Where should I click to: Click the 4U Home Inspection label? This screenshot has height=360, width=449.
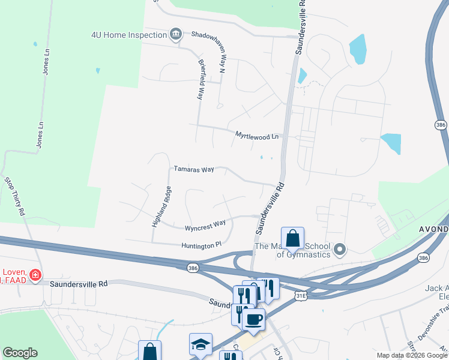(x=129, y=35)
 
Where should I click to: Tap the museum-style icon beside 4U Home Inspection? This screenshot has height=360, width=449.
(x=175, y=34)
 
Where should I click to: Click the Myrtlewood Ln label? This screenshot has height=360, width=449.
(x=257, y=136)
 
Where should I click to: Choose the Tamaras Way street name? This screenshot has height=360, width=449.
(x=194, y=170)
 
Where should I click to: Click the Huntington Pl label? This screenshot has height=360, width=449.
(x=202, y=245)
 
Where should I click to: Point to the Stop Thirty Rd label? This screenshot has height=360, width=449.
(x=14, y=196)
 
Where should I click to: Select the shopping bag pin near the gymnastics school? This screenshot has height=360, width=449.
(x=292, y=239)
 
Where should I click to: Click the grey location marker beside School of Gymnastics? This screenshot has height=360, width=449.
(x=340, y=249)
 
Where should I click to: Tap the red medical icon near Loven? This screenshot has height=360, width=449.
(x=35, y=275)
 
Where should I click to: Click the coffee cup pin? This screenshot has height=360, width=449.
(x=254, y=319)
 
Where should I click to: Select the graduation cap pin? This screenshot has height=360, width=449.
(x=200, y=345)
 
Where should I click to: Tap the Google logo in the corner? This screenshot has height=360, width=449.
(x=20, y=352)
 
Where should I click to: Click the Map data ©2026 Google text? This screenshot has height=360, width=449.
(x=411, y=355)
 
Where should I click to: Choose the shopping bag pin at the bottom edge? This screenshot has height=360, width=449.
(x=149, y=352)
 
